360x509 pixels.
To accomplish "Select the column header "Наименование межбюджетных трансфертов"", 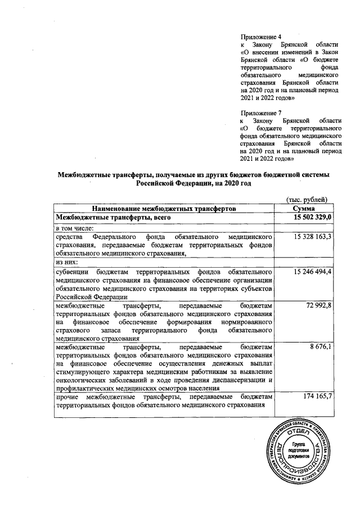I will pos(164,208).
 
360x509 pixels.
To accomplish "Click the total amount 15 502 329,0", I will pos(311,217).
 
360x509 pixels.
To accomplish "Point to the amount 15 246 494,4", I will pos(313,271).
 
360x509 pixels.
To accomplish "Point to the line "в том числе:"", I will pos(74,228).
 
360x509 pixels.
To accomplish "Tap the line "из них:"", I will pos(66,262).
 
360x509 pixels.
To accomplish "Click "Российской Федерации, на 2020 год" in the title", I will pos(191,183).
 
